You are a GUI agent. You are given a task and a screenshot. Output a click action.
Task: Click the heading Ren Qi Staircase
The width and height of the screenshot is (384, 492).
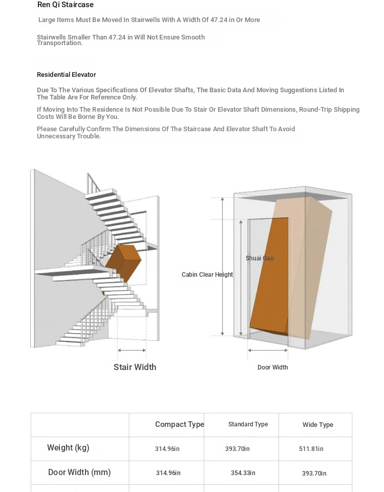(66, 5)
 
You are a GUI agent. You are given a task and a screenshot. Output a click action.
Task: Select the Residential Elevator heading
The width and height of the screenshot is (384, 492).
(66, 75)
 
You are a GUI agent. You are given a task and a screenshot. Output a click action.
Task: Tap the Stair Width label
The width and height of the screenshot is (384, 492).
(135, 367)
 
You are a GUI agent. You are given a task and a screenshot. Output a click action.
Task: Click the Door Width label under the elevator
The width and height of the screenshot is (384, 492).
(272, 367)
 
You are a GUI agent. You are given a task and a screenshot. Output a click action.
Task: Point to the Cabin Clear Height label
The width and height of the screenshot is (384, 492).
(207, 275)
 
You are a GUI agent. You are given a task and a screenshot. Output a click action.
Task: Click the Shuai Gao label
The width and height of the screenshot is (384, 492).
(260, 258)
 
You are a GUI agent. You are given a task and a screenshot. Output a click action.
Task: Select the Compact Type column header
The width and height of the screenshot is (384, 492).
(179, 424)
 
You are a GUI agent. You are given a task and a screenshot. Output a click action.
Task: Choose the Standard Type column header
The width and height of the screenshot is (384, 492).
(248, 424)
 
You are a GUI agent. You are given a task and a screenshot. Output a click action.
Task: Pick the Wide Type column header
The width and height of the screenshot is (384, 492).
(317, 425)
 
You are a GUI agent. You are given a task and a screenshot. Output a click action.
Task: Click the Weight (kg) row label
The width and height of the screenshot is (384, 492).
(68, 448)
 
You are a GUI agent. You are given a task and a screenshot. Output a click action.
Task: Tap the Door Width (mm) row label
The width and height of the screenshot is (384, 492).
(79, 473)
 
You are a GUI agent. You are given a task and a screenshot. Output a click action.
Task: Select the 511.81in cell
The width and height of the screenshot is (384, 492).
(311, 449)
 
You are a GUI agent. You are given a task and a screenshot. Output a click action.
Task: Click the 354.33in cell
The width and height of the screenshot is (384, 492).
(243, 473)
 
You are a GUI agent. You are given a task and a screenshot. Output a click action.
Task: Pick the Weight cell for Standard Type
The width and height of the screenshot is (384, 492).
(238, 449)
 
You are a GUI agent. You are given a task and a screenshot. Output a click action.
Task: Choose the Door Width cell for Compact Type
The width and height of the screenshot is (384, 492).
(168, 473)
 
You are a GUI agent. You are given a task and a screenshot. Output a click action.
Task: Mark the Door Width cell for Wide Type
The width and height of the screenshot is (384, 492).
(314, 474)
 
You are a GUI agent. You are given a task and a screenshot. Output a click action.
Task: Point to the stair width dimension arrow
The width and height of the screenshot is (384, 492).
(132, 351)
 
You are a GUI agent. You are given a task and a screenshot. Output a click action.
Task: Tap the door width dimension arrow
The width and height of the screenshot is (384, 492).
(268, 351)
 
